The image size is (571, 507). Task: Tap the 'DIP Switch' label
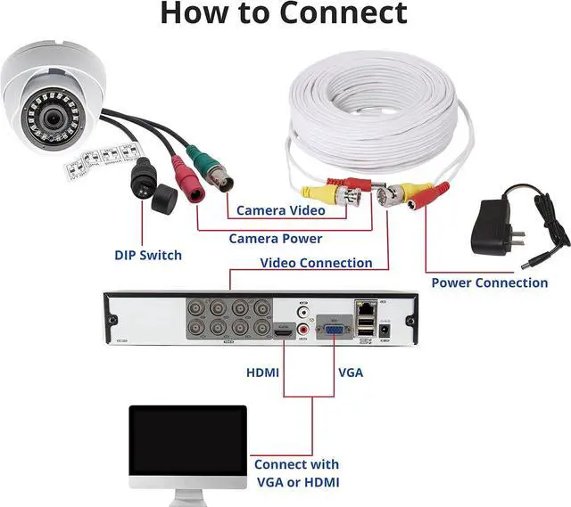(x=147, y=255)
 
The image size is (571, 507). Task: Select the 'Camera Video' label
(x=280, y=211)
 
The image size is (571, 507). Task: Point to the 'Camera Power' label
(x=275, y=238)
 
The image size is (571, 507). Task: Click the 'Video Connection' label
(x=316, y=263)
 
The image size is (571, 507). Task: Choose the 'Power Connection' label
(x=489, y=282)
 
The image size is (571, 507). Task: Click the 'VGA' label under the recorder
(x=351, y=372)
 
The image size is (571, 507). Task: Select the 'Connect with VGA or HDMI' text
(x=296, y=472)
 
